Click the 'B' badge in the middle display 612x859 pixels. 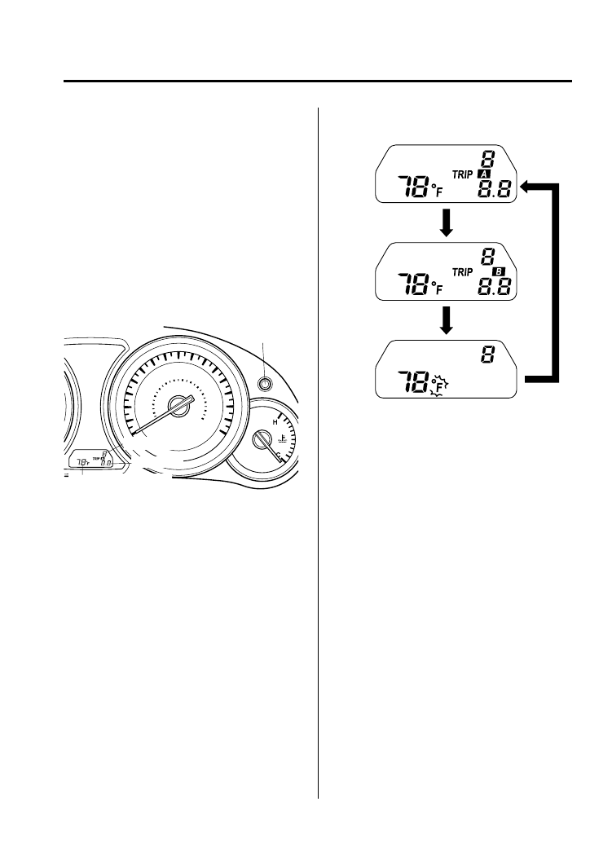tap(500, 271)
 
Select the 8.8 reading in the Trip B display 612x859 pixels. tap(499, 288)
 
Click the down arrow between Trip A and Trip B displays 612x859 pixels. tap(446, 224)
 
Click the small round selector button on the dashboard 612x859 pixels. tap(264, 384)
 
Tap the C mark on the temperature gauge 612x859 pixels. tap(279, 455)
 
